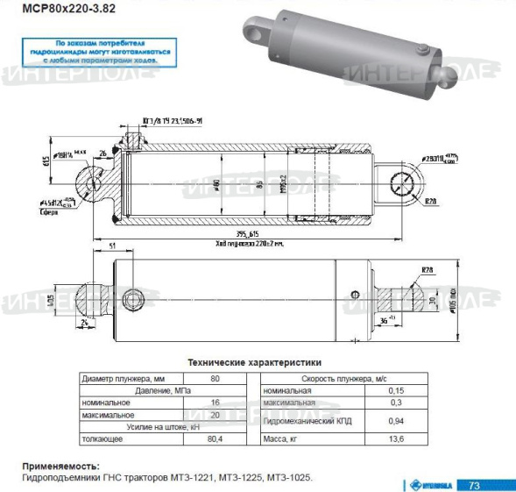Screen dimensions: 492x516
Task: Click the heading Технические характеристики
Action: point(254,361)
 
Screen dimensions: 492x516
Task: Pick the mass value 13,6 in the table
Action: point(396,439)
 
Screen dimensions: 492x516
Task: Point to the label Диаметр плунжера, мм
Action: point(122,378)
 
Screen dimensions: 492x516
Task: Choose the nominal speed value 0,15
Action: point(396,390)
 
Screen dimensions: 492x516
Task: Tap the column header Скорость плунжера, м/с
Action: point(338,378)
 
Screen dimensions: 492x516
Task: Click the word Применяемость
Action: point(60,466)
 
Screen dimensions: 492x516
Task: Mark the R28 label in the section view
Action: point(430,201)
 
